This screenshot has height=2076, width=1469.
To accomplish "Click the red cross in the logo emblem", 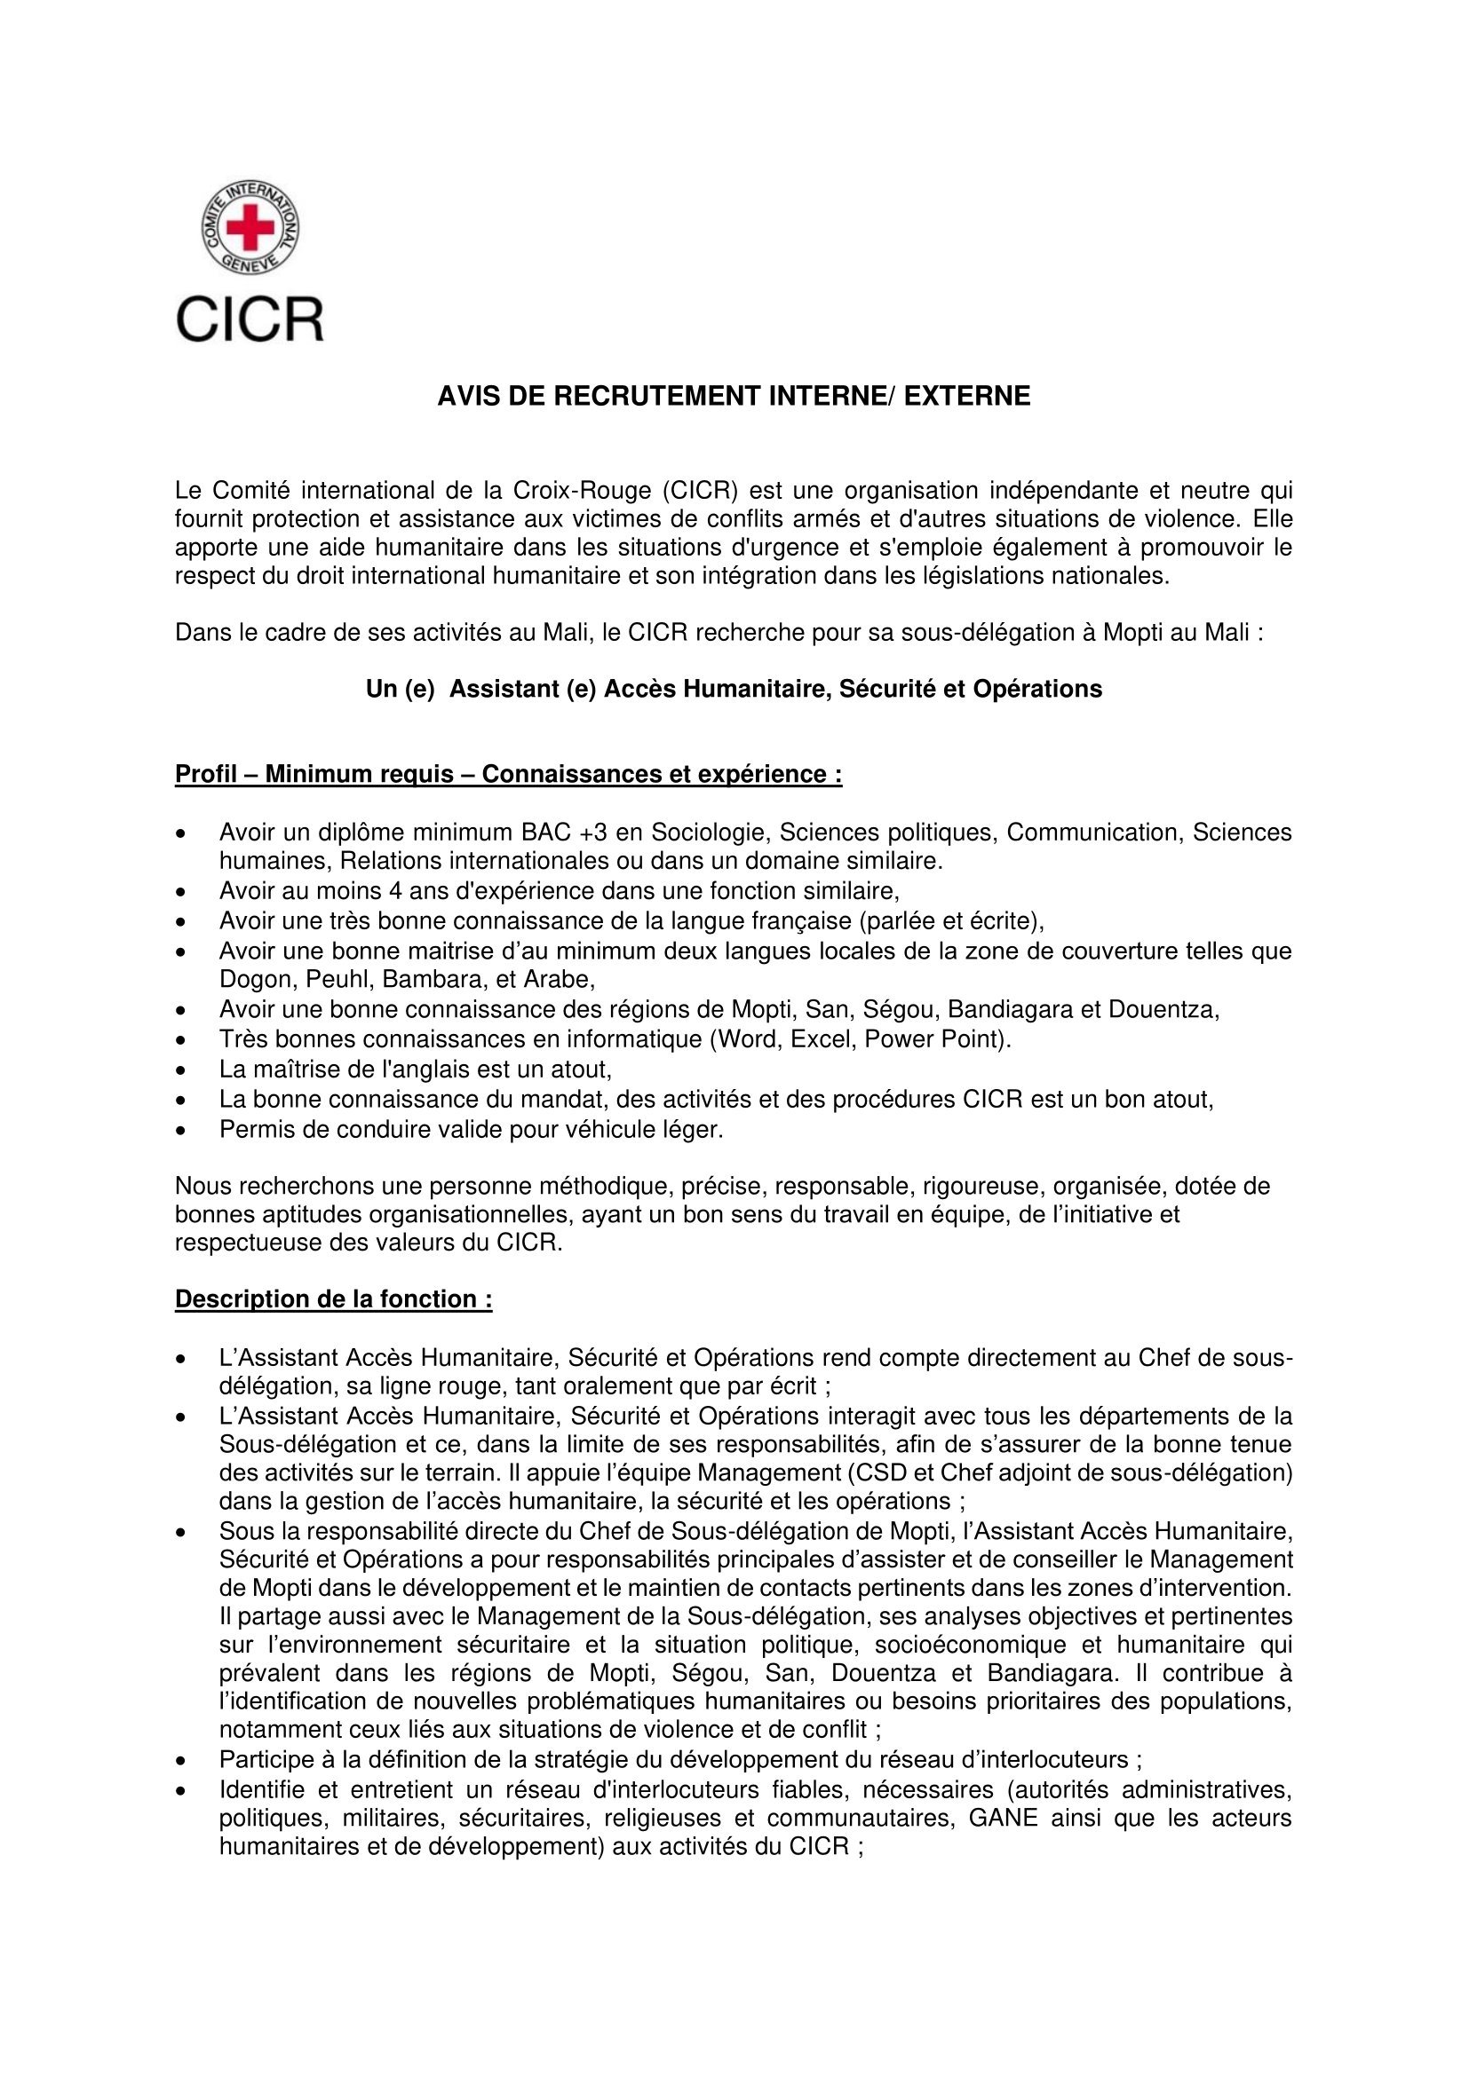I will pyautogui.click(x=250, y=226).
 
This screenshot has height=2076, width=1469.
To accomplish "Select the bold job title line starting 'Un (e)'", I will pyautogui.click(x=734, y=689).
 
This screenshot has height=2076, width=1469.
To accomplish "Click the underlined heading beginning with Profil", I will pyautogui.click(x=508, y=775).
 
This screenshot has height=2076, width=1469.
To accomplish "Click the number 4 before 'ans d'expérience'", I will pyautogui.click(x=395, y=891).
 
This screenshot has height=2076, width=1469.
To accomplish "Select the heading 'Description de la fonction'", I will pyautogui.click(x=334, y=1299).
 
